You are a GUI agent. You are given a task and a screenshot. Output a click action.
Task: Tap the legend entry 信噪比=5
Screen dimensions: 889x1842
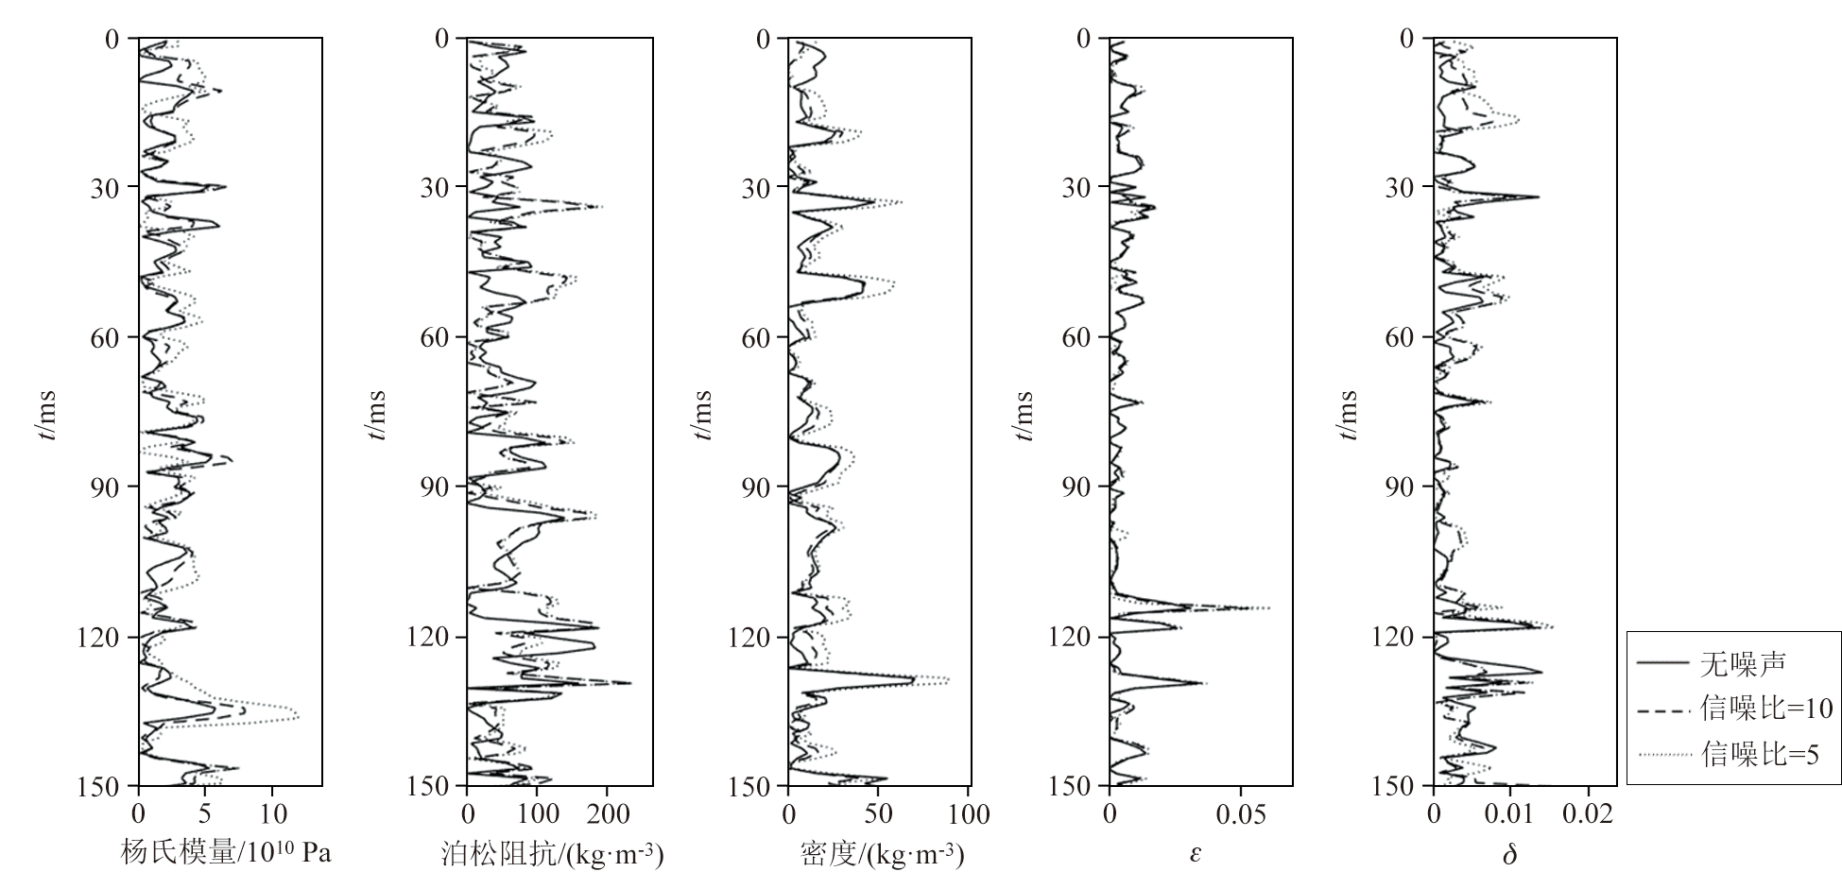[1759, 754]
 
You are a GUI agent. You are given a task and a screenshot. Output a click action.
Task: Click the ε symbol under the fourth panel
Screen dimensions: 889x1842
[1196, 854]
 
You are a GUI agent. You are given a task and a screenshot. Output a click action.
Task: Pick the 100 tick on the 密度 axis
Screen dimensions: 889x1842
[968, 813]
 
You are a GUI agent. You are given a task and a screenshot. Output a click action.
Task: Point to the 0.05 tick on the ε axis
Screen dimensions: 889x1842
[1241, 813]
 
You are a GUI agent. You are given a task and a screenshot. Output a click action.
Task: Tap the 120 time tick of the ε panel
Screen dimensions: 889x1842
[1070, 638]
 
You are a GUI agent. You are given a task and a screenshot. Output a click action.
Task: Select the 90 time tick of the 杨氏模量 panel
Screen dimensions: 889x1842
[100, 487]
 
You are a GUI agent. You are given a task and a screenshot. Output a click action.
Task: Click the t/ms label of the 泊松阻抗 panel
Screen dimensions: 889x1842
[377, 416]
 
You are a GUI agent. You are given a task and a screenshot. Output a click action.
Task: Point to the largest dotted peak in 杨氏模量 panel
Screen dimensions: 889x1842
[298, 715]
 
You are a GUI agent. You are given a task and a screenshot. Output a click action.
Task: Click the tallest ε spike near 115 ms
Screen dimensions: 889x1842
[1269, 607]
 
